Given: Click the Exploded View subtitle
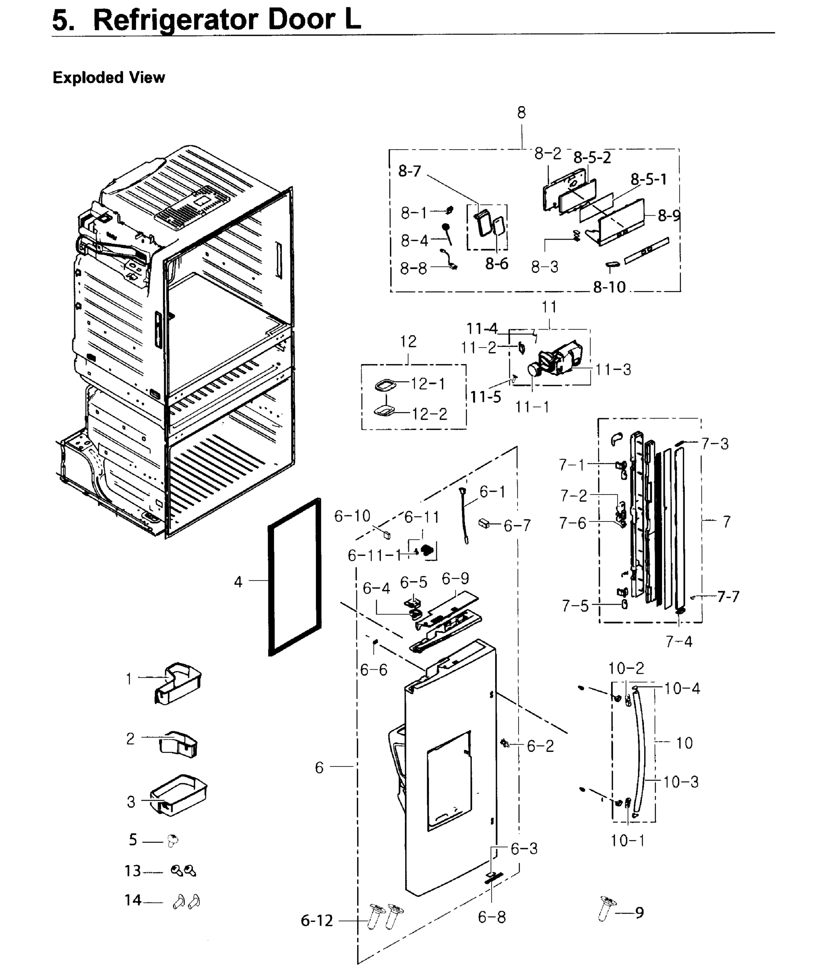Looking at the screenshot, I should (109, 77).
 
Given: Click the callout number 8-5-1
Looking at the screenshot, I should (649, 179).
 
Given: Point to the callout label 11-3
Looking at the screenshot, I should (613, 369).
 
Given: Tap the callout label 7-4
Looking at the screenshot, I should (678, 641).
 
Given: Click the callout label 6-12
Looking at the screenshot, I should (316, 920).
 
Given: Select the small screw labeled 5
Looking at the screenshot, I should (172, 841).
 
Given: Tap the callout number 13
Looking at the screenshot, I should (132, 871).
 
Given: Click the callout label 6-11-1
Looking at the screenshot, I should (375, 555).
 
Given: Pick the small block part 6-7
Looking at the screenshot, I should (484, 524).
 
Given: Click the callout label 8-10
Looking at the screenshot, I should (609, 287).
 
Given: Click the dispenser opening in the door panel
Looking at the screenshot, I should (448, 780).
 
